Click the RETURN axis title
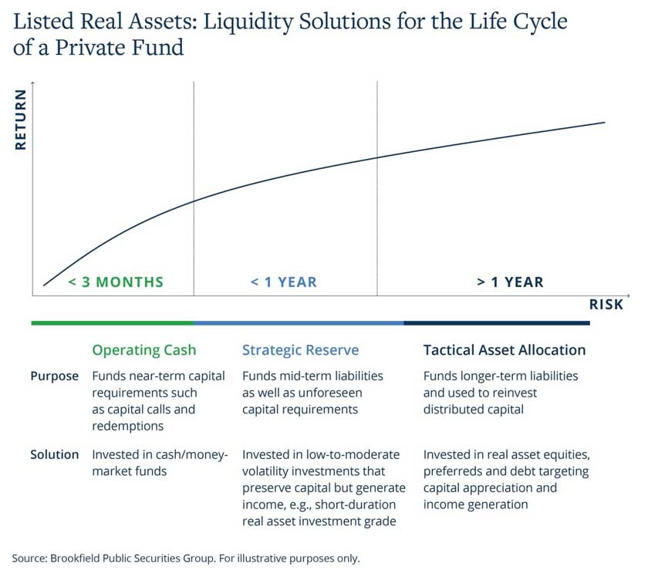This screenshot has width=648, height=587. pos(21,120)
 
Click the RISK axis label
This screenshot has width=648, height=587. pos(606,305)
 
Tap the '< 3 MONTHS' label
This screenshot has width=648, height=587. pos(116,282)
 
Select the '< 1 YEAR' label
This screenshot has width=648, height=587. pos(284,282)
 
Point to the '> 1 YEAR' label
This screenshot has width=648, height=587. pos(510,282)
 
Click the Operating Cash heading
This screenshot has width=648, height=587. pos(143,350)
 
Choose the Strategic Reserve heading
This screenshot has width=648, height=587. pos(300,350)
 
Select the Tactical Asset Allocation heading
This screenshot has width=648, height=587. pos(505,350)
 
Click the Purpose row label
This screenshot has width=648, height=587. pos(54,376)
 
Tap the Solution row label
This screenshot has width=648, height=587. pos(54,454)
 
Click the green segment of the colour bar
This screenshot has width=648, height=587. pos(113,323)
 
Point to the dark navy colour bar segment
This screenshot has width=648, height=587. pos(497,323)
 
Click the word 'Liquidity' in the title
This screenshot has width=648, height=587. pos(248,22)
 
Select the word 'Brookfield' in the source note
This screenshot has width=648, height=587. pos(75,558)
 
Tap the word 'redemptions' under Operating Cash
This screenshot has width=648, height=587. pos(128,427)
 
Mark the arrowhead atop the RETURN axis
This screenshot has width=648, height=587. pos(32,83)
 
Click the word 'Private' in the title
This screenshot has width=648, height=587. pos(85,48)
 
